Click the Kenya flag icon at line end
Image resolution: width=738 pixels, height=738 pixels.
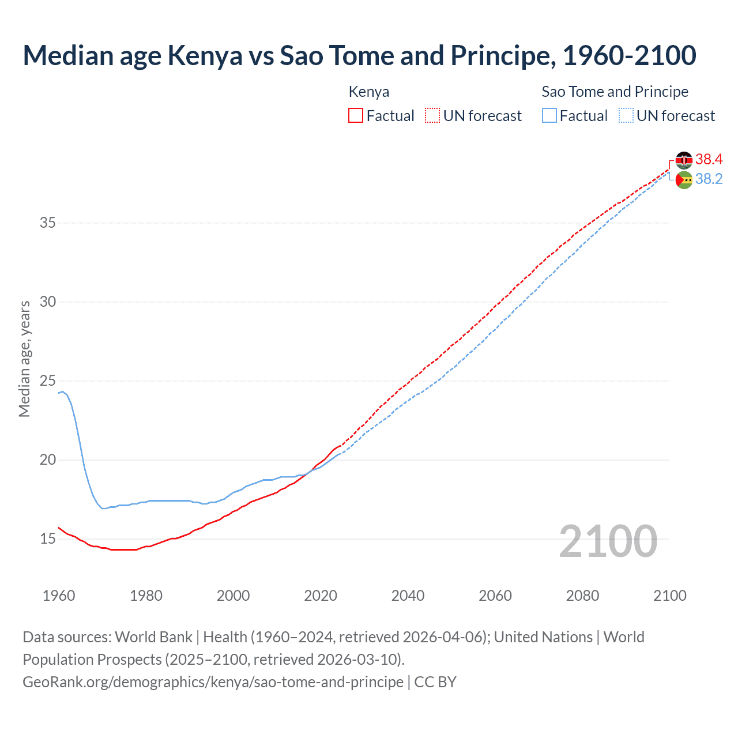[684, 160]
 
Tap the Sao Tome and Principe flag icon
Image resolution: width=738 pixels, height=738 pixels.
[684, 180]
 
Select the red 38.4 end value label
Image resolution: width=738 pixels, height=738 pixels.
[709, 159]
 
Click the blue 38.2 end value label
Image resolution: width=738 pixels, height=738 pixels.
[709, 179]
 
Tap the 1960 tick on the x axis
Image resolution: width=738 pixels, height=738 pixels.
[59, 596]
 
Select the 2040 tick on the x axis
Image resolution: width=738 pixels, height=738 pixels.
[408, 596]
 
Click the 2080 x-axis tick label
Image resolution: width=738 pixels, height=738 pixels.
[582, 596]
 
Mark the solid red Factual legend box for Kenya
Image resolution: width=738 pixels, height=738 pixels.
[356, 116]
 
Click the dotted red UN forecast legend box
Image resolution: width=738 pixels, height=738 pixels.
[432, 116]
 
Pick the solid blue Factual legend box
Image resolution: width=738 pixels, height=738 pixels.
[549, 116]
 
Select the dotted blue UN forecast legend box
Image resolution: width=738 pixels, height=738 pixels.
[626, 116]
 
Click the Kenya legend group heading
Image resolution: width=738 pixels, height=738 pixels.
[369, 92]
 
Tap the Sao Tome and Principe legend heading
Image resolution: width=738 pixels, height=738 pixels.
[615, 92]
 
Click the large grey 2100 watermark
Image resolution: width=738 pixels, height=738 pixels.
[608, 541]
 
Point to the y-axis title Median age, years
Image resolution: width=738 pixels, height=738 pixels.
[24, 359]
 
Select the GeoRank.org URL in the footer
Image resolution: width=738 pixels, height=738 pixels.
[213, 682]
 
